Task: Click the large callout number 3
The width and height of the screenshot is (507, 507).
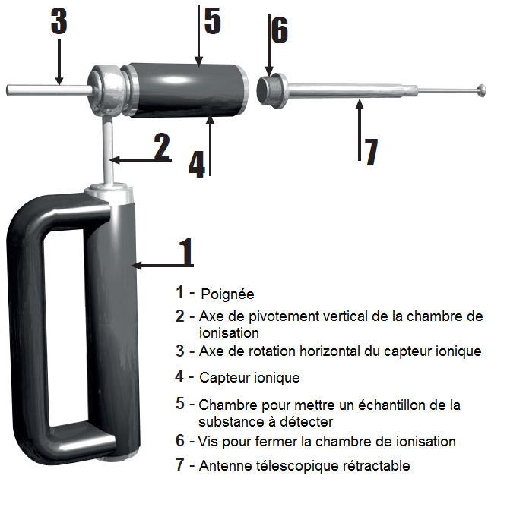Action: pyautogui.click(x=59, y=21)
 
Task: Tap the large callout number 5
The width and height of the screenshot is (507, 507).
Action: pyautogui.click(x=213, y=21)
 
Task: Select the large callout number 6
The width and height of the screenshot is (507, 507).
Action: pyautogui.click(x=280, y=30)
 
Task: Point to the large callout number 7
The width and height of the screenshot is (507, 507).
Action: pyautogui.click(x=372, y=152)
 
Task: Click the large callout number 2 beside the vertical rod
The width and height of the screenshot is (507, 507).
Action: pyautogui.click(x=162, y=146)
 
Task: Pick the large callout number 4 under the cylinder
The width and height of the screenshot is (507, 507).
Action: pyautogui.click(x=197, y=165)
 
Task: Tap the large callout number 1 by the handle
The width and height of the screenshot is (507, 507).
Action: pyautogui.click(x=186, y=252)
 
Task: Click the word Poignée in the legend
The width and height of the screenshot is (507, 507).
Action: pyautogui.click(x=227, y=294)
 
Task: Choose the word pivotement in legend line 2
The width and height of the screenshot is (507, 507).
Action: pyautogui.click(x=284, y=317)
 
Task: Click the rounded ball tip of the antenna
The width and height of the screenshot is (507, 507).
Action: pyautogui.click(x=481, y=90)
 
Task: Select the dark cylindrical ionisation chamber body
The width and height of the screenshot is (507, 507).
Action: pyautogui.click(x=187, y=90)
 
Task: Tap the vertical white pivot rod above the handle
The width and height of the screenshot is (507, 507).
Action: pyautogui.click(x=109, y=151)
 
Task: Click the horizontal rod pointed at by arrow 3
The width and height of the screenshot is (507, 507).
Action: pyautogui.click(x=49, y=90)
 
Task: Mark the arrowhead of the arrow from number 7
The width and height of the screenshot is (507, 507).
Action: pyautogui.click(x=360, y=105)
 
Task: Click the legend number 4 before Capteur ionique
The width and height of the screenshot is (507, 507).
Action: pyautogui.click(x=179, y=376)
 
